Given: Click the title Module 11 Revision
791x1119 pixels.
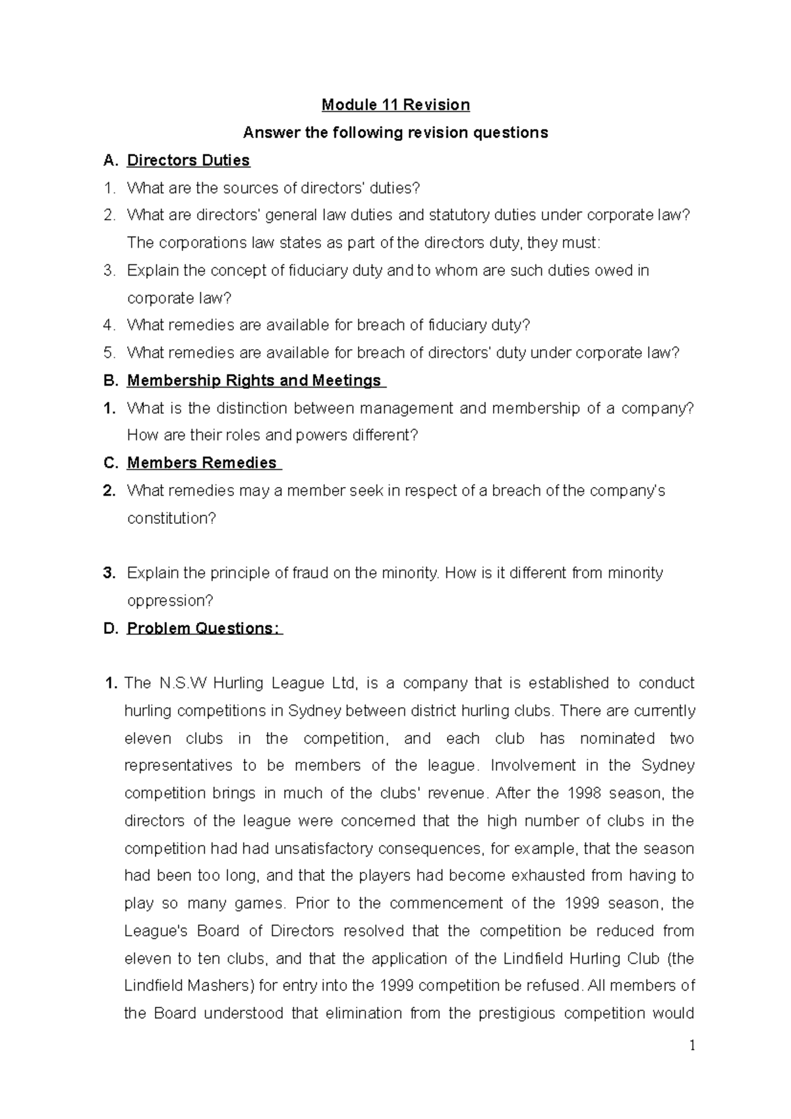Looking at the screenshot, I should click(x=395, y=105).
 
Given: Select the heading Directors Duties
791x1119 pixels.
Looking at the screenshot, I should click(x=188, y=160).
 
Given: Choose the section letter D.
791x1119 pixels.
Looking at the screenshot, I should click(x=109, y=628).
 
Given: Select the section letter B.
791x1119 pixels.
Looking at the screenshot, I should click(x=109, y=380).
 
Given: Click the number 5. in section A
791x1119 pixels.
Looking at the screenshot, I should click(x=109, y=353).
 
